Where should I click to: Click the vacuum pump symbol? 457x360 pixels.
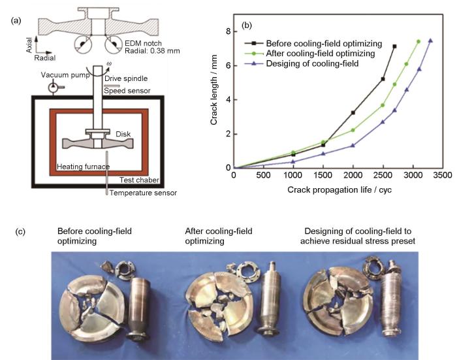tap(54, 87)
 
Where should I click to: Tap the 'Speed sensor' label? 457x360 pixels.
tap(127, 91)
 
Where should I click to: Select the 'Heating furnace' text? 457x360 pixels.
tap(83, 167)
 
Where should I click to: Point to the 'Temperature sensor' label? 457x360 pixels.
tap(143, 193)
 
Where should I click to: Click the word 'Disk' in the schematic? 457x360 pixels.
tap(123, 134)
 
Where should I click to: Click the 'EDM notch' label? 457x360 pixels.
tap(143, 43)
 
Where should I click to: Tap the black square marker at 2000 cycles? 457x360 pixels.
tap(353, 112)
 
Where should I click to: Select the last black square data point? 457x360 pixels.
tap(394, 46)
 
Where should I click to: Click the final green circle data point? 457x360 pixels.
tap(418, 41)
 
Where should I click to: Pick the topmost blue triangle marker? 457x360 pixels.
tap(430, 41)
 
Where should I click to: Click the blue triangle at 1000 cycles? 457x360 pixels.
tap(293, 161)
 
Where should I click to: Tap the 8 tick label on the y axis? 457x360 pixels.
tap(228, 31)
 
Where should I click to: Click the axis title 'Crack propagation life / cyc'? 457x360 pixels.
tap(339, 190)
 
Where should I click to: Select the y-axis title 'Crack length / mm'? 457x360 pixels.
tap(213, 90)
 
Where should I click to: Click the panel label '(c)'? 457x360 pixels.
tap(20, 232)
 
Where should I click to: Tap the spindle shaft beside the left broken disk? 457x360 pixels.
tap(138, 309)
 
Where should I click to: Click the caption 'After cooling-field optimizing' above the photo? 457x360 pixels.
tap(219, 236)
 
